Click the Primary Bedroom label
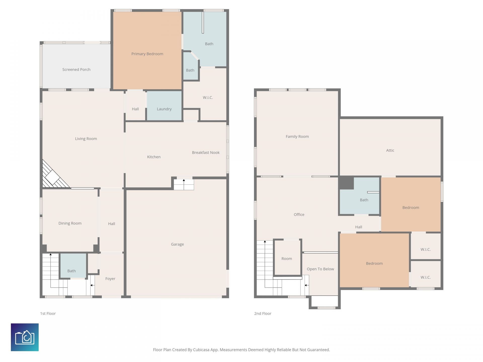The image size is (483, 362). (147, 54)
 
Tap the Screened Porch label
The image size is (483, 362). (76, 69)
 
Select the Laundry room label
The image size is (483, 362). (164, 109)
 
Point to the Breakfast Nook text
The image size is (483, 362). (206, 152)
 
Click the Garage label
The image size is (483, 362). (177, 244)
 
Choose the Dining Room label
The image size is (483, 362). (70, 223)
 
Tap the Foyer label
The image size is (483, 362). (110, 279)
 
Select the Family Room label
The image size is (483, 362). (297, 137)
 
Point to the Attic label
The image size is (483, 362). (390, 150)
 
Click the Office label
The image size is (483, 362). (299, 214)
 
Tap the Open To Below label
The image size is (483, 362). (320, 269)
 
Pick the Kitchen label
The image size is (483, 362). (154, 157)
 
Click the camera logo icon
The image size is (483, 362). (25, 337)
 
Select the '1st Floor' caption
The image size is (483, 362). (48, 313)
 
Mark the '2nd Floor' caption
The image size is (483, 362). (263, 313)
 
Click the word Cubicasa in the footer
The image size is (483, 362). (201, 350)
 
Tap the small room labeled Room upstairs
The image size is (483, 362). (287, 259)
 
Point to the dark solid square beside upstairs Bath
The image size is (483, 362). (346, 183)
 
